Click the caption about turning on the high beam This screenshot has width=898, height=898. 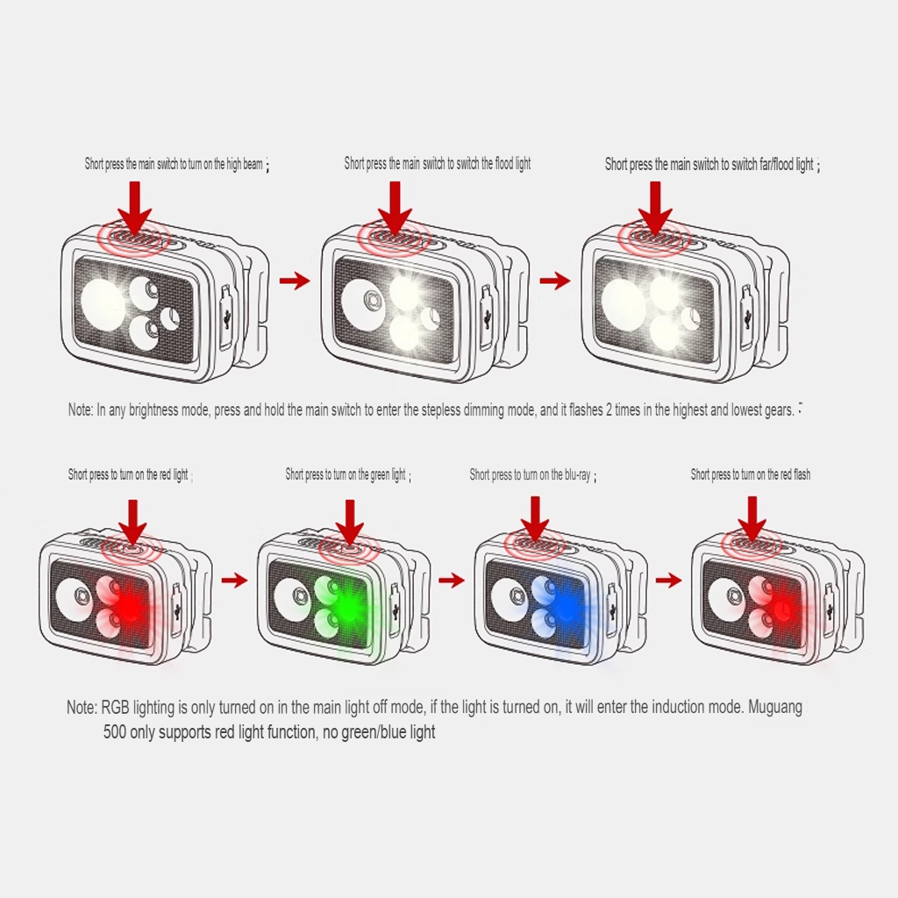point(177,164)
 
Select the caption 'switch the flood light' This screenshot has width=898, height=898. point(438,164)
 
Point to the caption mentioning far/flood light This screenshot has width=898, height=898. point(712,165)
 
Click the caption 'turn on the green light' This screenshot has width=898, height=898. point(348,474)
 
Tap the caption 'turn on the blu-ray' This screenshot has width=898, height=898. point(532,474)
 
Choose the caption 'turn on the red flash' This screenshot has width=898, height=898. point(751,474)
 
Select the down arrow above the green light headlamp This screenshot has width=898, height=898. point(350,522)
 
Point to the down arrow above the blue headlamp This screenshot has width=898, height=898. point(535,519)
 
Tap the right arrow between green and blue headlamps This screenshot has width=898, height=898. point(452,581)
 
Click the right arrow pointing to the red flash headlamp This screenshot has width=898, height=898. point(668,581)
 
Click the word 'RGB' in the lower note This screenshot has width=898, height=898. point(115,708)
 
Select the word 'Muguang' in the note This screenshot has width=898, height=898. point(775,708)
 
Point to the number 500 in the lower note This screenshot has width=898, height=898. point(115,732)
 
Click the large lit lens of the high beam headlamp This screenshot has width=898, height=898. point(103,302)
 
